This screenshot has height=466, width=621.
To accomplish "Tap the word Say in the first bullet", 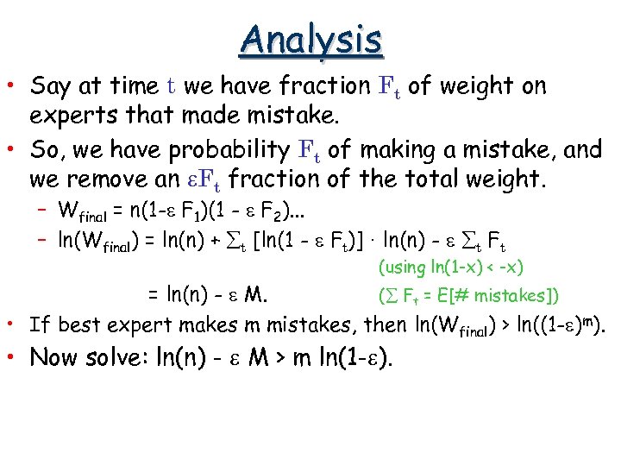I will [x=50, y=86].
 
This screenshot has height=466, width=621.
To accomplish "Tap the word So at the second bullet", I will [x=43, y=149].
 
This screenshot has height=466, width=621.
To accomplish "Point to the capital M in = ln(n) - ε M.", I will [x=254, y=296].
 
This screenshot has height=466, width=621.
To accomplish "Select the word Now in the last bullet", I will [x=55, y=358].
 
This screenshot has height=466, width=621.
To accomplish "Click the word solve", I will [x=123, y=358].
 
